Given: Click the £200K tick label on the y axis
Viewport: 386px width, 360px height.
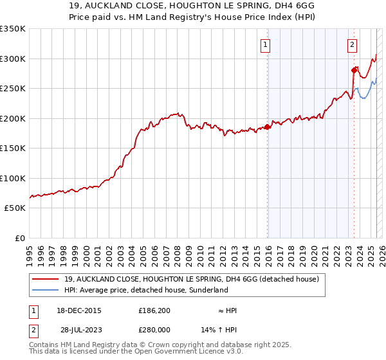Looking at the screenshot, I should (x=13, y=118).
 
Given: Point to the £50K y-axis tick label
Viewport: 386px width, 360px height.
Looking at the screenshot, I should (x=15, y=208).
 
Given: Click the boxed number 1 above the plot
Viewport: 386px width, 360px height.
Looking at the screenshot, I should (x=266, y=45).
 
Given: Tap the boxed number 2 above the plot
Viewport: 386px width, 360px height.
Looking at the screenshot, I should (x=353, y=45).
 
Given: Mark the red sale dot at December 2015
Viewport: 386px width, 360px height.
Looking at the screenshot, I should (x=268, y=127).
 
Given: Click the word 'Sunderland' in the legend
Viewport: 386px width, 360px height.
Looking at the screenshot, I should (x=208, y=290).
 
